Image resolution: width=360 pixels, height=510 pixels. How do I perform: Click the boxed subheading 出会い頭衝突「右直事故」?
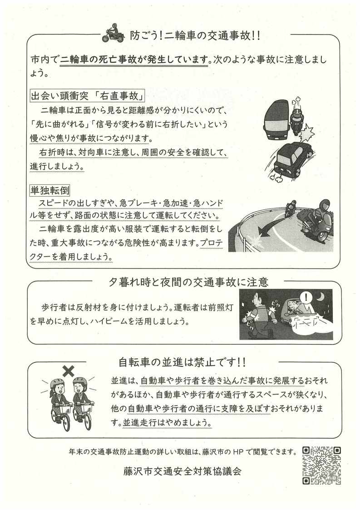point(87,96)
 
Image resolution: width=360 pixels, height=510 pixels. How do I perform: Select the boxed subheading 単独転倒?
point(50,191)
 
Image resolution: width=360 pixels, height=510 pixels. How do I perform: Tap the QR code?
point(321,465)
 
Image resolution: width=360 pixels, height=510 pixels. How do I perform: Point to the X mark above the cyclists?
point(68,371)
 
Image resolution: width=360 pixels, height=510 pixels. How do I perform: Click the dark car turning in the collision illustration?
point(291,159)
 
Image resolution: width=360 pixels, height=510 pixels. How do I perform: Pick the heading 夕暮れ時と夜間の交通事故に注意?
point(188,282)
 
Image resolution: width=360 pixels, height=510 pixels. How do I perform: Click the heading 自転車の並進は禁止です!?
point(182,362)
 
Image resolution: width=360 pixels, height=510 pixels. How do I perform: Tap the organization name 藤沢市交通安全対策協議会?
point(182,471)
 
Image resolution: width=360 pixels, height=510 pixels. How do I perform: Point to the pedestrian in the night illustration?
point(259,314)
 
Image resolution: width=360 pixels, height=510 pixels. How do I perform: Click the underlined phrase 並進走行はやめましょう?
point(167,422)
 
